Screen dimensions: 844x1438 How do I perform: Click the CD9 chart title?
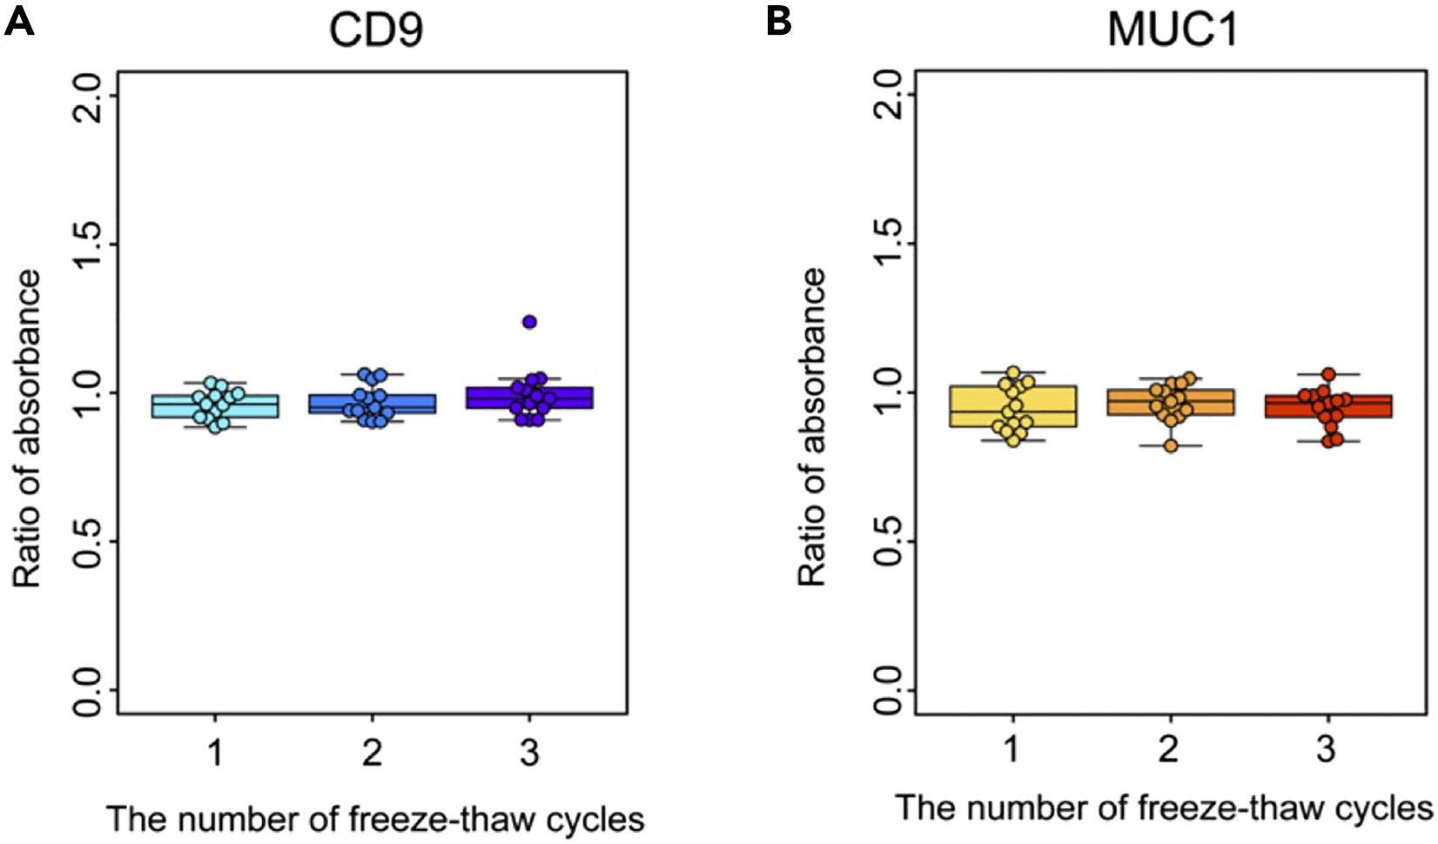tap(375, 30)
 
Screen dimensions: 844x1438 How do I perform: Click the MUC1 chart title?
tap(1172, 30)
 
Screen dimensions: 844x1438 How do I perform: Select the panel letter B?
tap(779, 21)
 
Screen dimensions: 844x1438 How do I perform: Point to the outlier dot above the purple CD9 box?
tap(529, 322)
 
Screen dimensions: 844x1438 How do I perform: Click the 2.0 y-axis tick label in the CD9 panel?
tap(88, 96)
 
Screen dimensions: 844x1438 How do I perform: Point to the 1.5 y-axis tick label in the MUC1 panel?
tap(885, 244)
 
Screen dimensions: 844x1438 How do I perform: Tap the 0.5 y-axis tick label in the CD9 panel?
tap(88, 541)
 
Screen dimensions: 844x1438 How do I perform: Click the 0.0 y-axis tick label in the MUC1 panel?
tap(885, 689)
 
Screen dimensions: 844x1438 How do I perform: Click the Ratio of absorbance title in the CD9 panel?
tap(27, 428)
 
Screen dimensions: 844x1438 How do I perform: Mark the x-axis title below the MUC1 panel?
tap(1164, 807)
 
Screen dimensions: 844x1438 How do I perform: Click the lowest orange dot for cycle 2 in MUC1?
tap(1171, 445)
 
